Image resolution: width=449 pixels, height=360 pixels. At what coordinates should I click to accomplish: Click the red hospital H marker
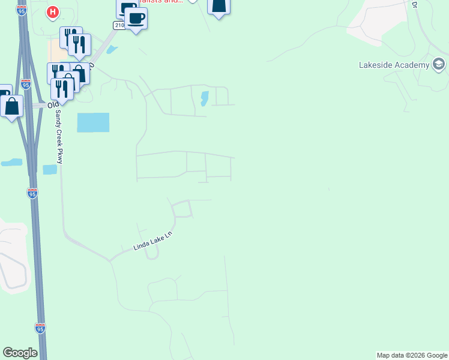53,11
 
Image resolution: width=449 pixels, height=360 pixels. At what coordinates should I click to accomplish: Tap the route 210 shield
119,25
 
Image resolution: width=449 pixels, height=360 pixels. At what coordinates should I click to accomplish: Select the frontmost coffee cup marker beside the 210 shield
136,19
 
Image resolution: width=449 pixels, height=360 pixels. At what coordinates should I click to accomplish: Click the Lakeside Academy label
393,65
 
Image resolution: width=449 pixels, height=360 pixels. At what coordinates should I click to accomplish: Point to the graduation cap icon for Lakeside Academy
439,65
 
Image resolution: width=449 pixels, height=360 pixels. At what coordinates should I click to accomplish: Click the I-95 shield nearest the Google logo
40,328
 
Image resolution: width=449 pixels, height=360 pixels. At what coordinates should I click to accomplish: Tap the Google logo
20,353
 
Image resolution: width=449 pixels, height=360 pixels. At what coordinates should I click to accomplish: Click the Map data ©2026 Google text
412,355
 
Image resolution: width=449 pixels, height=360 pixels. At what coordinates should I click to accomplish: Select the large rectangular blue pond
93,122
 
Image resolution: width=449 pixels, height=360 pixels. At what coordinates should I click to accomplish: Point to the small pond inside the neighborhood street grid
204,98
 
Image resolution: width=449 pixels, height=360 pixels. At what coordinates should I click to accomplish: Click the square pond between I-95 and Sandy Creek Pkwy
50,170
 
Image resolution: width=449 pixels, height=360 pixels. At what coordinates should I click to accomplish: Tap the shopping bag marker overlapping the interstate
12,107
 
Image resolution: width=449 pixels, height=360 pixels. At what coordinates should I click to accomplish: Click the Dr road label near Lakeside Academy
414,4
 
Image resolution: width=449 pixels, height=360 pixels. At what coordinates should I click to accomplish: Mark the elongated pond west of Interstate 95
12,162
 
